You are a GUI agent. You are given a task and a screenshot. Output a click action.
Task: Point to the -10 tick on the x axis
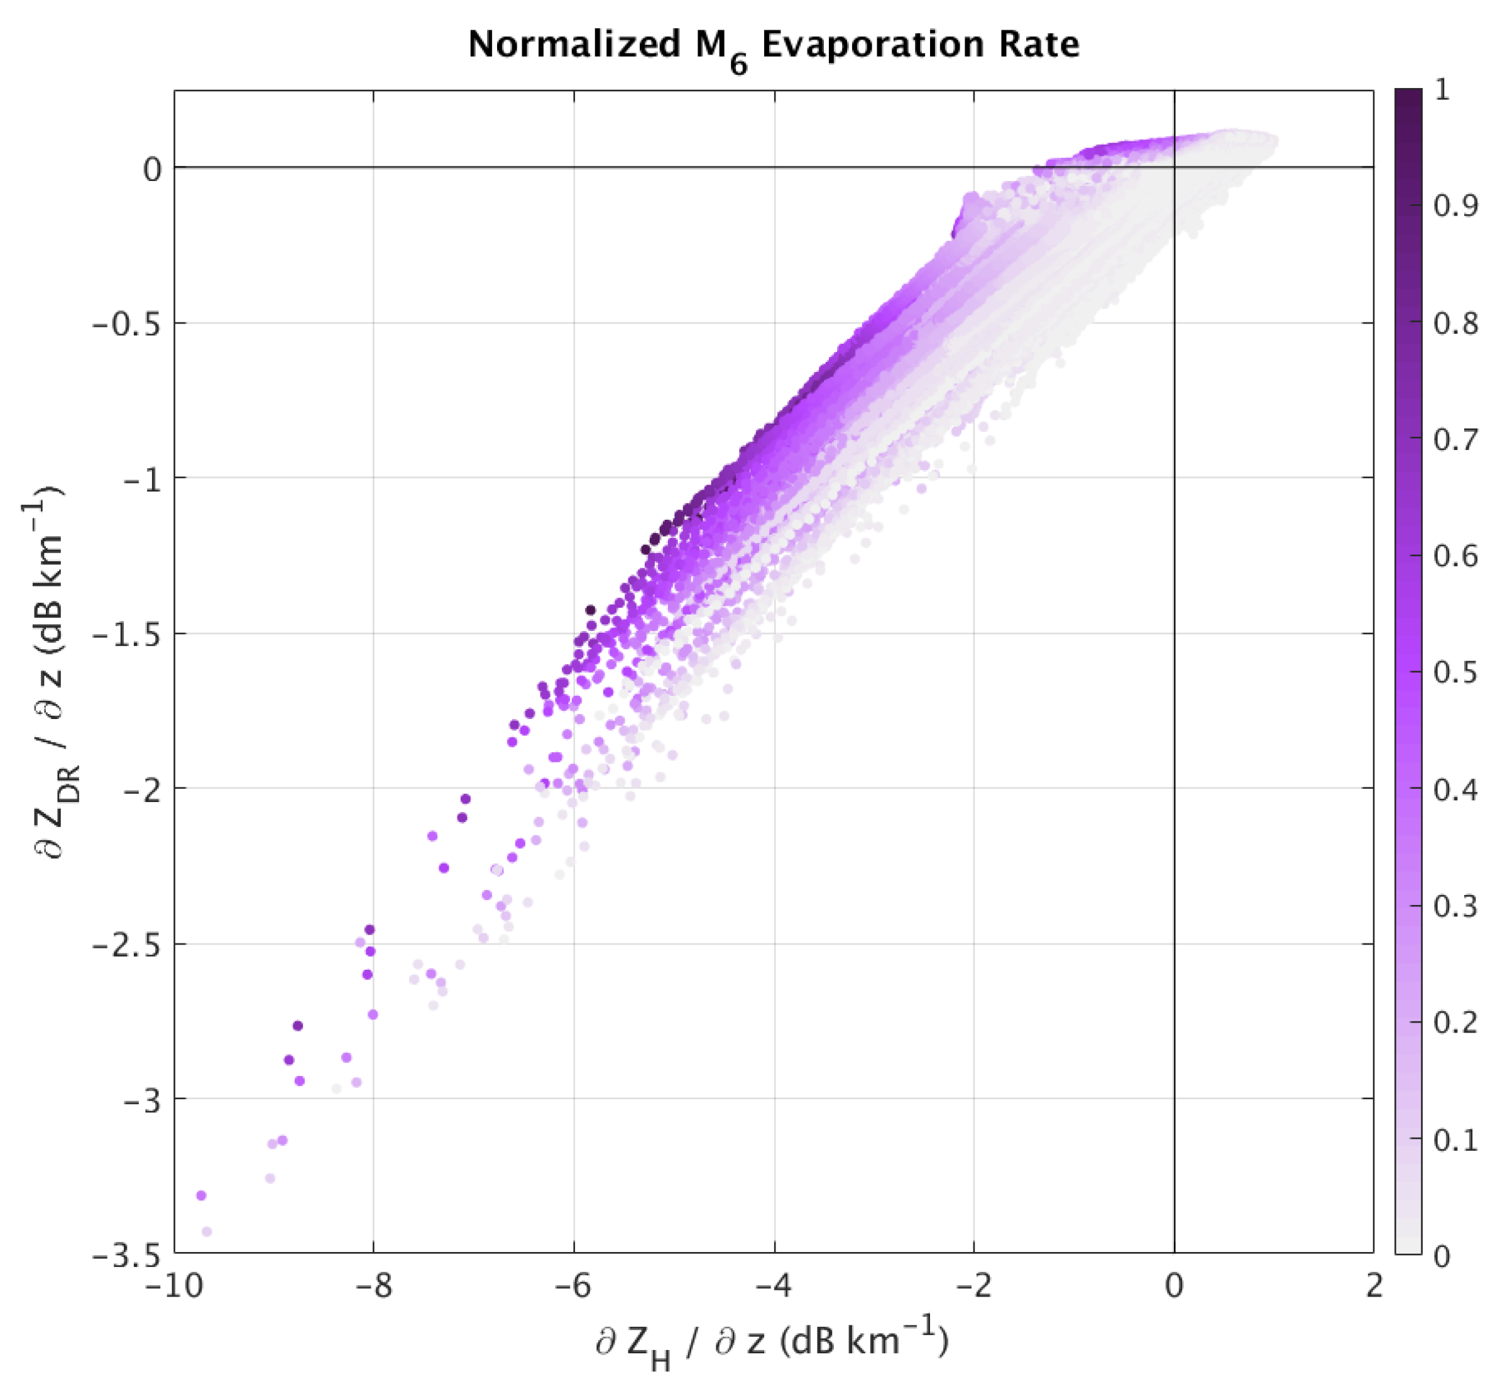174,1287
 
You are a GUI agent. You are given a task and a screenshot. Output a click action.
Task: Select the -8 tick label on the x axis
373,1287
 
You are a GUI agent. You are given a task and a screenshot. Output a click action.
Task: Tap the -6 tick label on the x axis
574,1287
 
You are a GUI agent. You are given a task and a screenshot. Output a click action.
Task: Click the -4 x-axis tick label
774,1287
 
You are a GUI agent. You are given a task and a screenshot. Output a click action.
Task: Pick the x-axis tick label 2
1374,1287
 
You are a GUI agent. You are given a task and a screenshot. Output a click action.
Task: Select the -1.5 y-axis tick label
127,635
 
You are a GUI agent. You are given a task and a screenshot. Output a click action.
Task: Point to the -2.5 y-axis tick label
127,945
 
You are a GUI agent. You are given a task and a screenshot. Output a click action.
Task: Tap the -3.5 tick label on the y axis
127,1255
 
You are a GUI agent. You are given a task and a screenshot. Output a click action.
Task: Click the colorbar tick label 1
1441,91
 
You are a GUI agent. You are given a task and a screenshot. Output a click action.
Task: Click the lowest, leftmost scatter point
207,1231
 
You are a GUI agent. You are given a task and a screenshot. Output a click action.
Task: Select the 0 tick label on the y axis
153,170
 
